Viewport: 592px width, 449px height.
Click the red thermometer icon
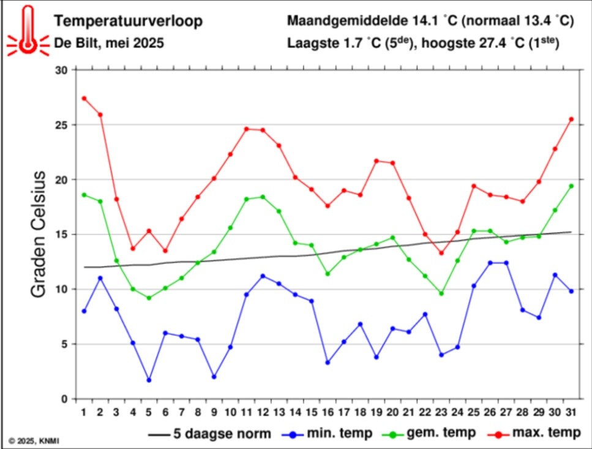27,31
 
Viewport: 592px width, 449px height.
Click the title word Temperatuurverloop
128,21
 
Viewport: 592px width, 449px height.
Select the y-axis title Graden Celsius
38,235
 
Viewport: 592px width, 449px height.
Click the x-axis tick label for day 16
328,411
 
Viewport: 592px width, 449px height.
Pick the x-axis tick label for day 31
571,411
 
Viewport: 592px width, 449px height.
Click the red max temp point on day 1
84,98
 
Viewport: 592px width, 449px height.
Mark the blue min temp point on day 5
149,380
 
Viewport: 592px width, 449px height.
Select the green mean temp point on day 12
263,197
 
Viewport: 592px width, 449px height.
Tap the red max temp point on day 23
441,253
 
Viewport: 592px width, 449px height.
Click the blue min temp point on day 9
214,377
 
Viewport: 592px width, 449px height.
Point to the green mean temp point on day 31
571,186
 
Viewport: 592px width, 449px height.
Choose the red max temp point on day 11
247,129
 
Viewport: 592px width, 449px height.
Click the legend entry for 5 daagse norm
210,434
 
